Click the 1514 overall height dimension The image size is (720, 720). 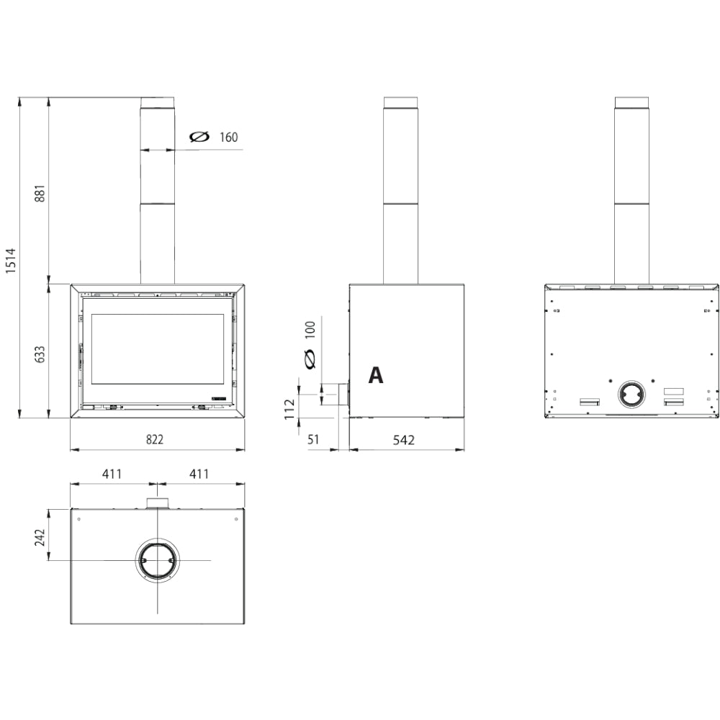[11, 261]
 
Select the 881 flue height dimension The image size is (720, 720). [40, 193]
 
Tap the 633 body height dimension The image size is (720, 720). [40, 354]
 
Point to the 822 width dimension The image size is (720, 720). [155, 439]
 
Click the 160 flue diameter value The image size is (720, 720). [229, 138]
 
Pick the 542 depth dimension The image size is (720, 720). [404, 440]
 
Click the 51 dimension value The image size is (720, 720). [313, 439]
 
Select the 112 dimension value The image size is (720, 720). [289, 409]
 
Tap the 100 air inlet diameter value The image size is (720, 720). [310, 330]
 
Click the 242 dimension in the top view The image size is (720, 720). [40, 537]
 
